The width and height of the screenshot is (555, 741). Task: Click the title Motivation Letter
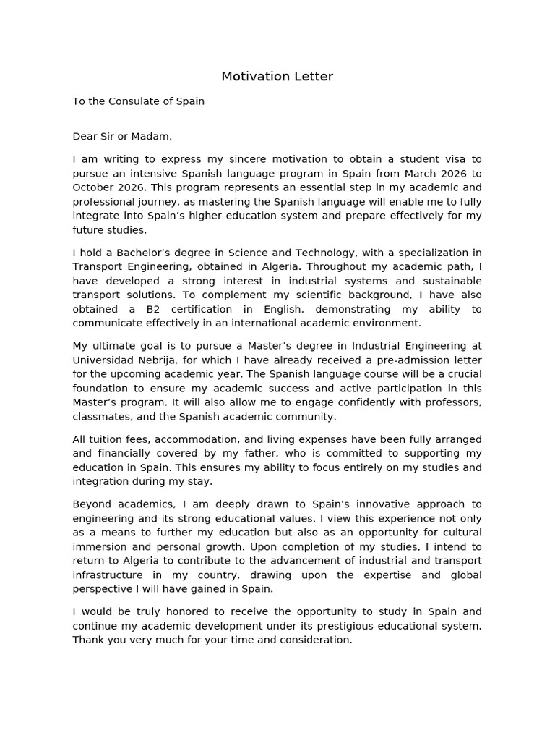[277, 76]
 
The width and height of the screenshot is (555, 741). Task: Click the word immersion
[100, 547]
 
